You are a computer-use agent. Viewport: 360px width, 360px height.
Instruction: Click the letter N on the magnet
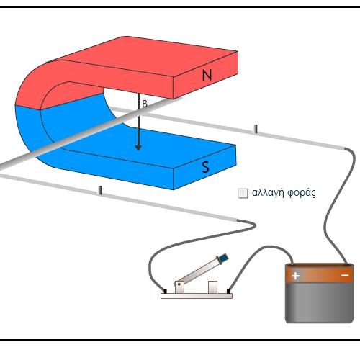(207, 75)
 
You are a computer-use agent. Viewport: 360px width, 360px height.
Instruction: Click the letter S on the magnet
(206, 167)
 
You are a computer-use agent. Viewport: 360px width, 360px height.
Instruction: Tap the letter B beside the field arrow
(145, 104)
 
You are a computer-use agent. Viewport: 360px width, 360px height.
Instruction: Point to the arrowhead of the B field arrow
(138, 147)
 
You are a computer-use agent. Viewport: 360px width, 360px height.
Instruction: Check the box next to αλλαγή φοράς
(243, 193)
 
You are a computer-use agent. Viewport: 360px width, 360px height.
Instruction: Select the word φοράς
(301, 193)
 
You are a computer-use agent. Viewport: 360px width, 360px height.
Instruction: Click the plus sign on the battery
(295, 276)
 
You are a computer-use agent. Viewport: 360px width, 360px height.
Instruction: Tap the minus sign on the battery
(345, 276)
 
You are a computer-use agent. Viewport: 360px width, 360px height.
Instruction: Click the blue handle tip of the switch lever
(222, 258)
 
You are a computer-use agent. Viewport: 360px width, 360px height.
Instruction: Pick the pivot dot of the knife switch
(179, 284)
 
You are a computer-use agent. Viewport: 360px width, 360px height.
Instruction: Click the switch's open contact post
(212, 287)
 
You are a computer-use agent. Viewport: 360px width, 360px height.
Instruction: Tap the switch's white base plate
(197, 296)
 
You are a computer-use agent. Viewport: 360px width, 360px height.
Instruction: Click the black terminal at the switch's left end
(165, 291)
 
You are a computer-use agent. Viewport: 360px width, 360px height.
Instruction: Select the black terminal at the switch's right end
(228, 291)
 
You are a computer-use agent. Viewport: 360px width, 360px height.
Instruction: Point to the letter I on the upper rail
(256, 129)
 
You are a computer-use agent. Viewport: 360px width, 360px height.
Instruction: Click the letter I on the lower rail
(101, 190)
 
